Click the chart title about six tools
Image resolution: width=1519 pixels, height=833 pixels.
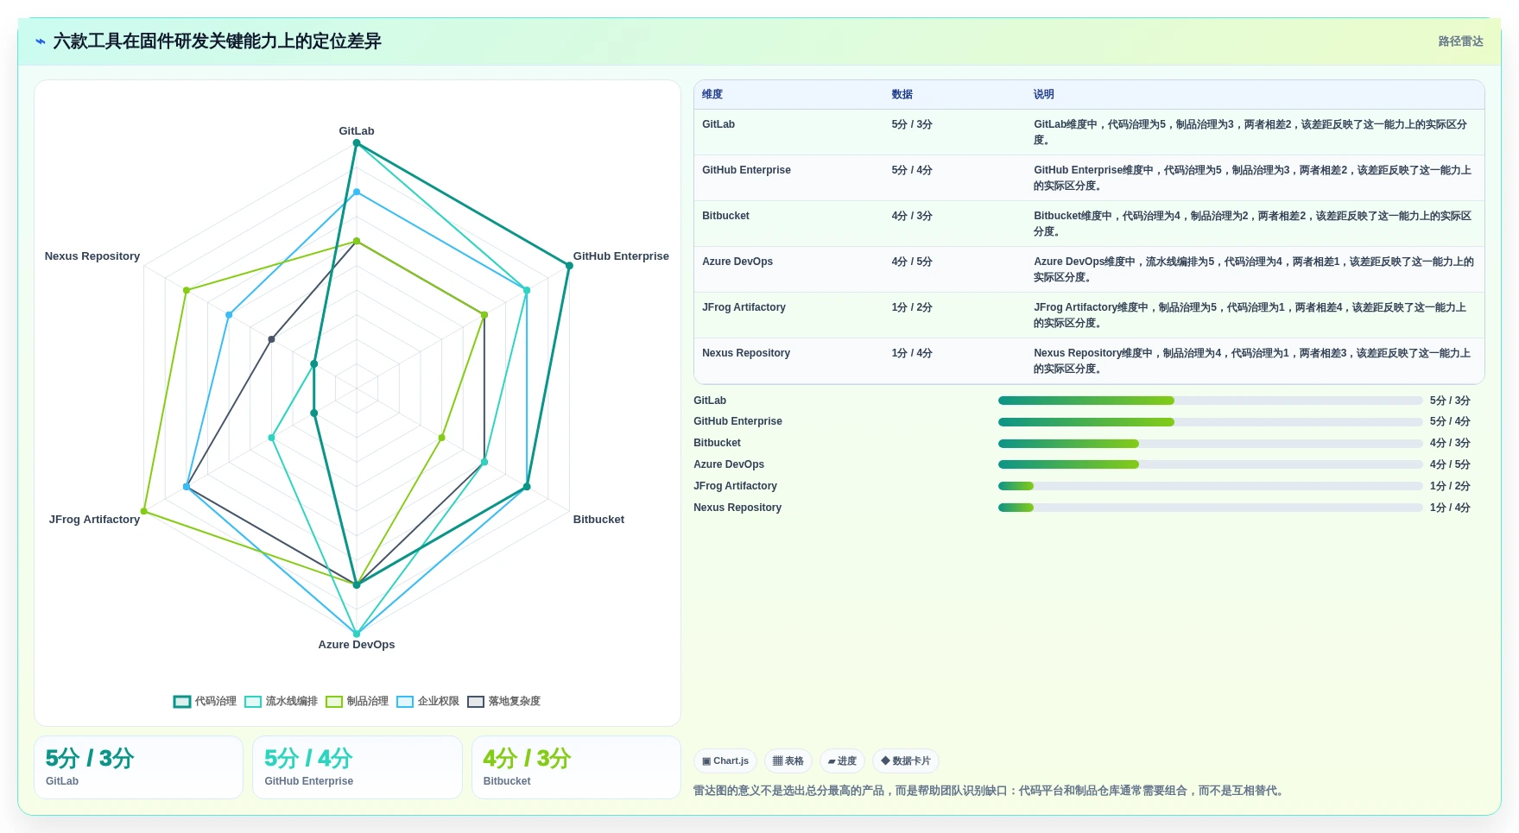tap(217, 41)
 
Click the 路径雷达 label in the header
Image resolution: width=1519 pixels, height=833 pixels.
tap(1460, 41)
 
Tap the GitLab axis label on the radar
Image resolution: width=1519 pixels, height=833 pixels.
tap(357, 131)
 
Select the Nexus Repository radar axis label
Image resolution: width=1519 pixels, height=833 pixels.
tap(92, 256)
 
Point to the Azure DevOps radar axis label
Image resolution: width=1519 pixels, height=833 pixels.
tap(357, 645)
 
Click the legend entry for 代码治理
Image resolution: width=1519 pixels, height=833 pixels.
tap(205, 702)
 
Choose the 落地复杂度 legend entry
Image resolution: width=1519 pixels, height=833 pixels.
tap(503, 702)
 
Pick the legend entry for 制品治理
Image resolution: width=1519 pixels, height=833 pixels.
tap(357, 702)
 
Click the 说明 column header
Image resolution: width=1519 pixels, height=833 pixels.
tap(1044, 95)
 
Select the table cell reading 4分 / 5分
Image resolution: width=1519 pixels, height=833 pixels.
tap(912, 262)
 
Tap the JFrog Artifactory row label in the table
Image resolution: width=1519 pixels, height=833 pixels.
tap(744, 307)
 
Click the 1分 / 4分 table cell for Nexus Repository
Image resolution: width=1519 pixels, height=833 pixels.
tap(912, 353)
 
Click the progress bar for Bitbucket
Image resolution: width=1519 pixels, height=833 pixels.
tap(1210, 444)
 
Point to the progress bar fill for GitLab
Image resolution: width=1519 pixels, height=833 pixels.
tap(1086, 401)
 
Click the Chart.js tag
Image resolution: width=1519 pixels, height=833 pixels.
tap(725, 761)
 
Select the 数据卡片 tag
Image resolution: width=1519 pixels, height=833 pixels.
tap(906, 761)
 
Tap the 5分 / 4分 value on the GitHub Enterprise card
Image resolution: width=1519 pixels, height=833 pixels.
tap(308, 759)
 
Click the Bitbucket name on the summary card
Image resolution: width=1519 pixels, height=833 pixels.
tap(507, 781)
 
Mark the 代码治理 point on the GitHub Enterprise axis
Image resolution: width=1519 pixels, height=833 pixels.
tap(569, 266)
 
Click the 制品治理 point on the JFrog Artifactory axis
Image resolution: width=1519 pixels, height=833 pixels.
tap(144, 511)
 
